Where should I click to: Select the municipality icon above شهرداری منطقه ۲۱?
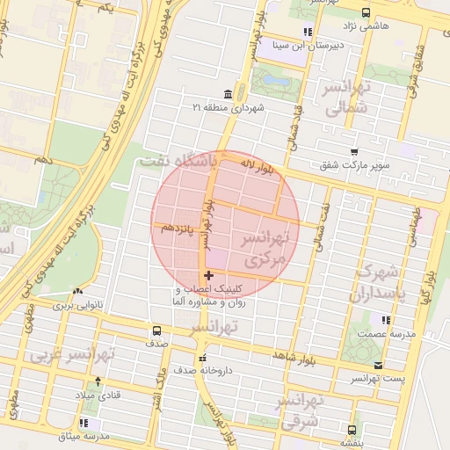[229, 93]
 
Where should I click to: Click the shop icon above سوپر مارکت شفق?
[353, 152]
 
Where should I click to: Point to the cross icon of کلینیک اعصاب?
[208, 276]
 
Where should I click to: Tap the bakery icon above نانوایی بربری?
[79, 292]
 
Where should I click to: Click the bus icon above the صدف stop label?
[156, 331]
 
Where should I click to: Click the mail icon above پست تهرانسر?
[378, 365]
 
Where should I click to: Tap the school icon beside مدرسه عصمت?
[384, 319]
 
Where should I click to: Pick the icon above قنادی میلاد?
[97, 381]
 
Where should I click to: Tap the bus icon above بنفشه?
[352, 430]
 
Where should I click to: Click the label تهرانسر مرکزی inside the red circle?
[263, 250]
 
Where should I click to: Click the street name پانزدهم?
[178, 228]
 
